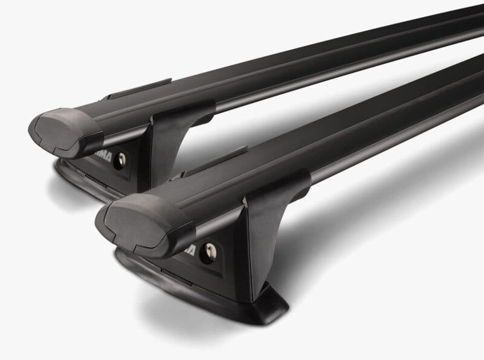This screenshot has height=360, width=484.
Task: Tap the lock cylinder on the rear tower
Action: tap(119, 160)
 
